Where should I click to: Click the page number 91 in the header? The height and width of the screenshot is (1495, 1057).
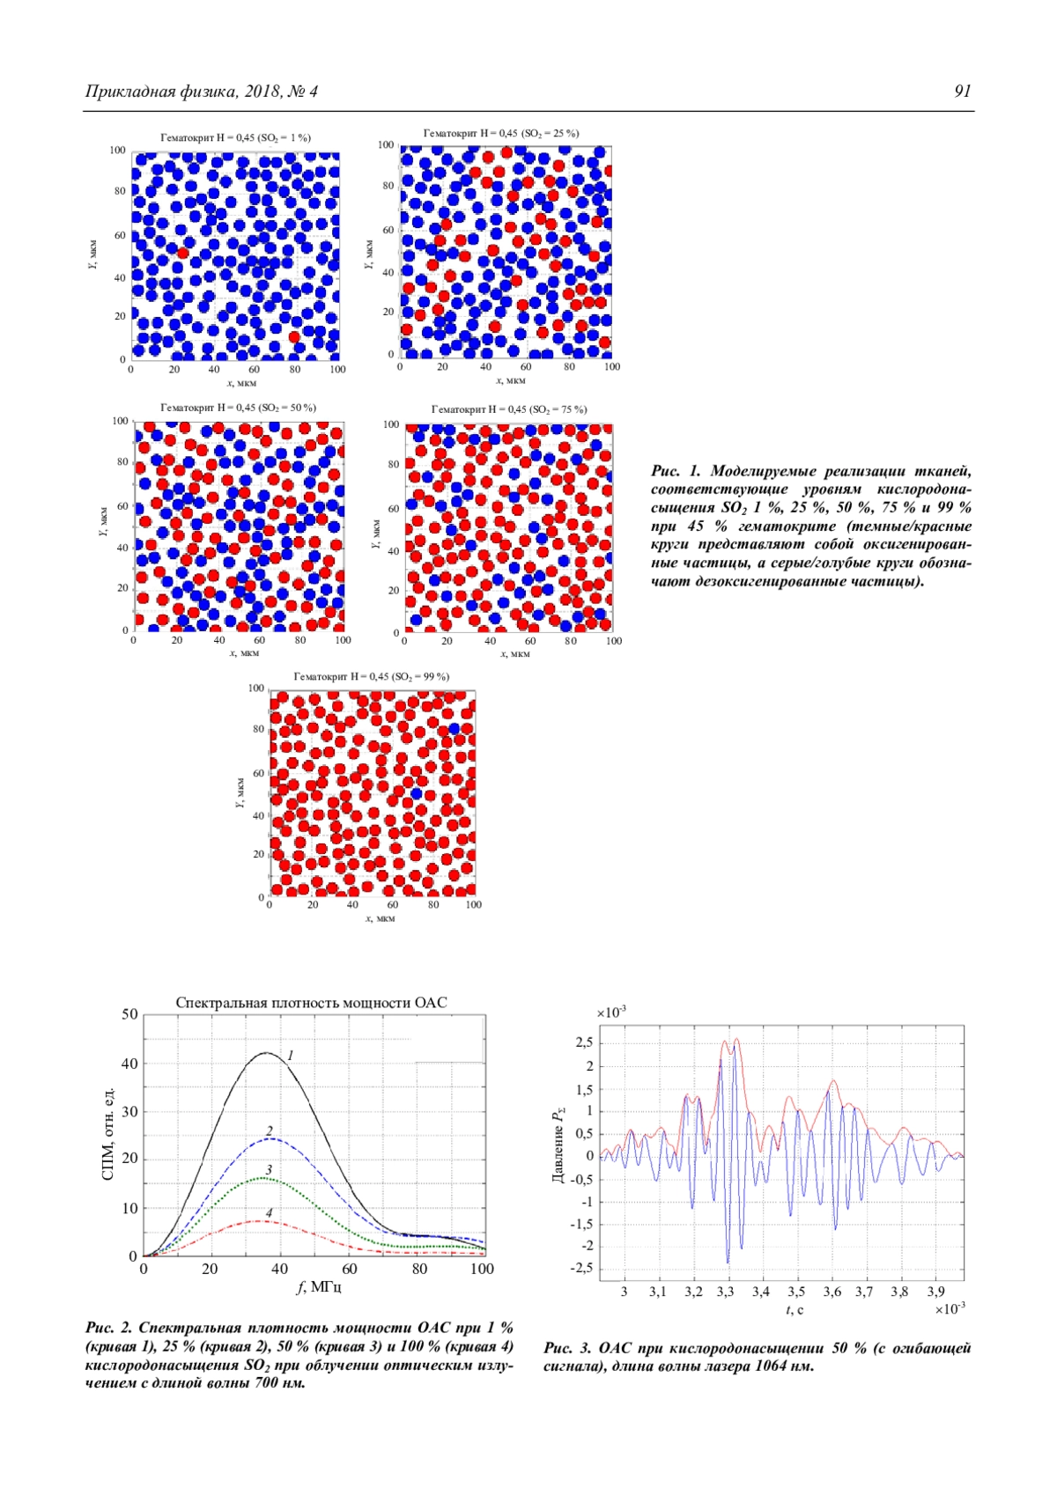pos(962,92)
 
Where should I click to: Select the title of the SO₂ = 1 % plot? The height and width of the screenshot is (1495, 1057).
pos(235,137)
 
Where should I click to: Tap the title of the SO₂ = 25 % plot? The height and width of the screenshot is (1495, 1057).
pos(501,133)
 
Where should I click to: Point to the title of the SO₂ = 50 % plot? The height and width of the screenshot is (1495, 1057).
pos(238,408)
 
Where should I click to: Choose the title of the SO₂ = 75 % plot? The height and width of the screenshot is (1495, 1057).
pos(508,409)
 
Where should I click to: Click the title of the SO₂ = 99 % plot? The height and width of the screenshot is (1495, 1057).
pos(371,676)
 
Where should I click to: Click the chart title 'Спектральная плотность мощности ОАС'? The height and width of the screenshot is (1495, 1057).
pos(311,1003)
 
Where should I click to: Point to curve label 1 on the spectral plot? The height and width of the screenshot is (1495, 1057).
pos(290,1055)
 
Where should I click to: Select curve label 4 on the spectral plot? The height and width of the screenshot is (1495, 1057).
pos(269,1212)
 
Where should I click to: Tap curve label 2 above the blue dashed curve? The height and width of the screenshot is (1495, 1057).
pos(270,1130)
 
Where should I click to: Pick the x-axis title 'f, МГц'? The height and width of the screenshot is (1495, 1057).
pos(318,1287)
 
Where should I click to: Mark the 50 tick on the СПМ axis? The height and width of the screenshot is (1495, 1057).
pos(129,1014)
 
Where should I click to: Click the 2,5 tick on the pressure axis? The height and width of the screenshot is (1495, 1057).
pos(584,1043)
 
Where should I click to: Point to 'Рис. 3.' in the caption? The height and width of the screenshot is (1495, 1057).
pos(568,1348)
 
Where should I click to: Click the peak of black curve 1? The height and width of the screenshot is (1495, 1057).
pos(266,1052)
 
